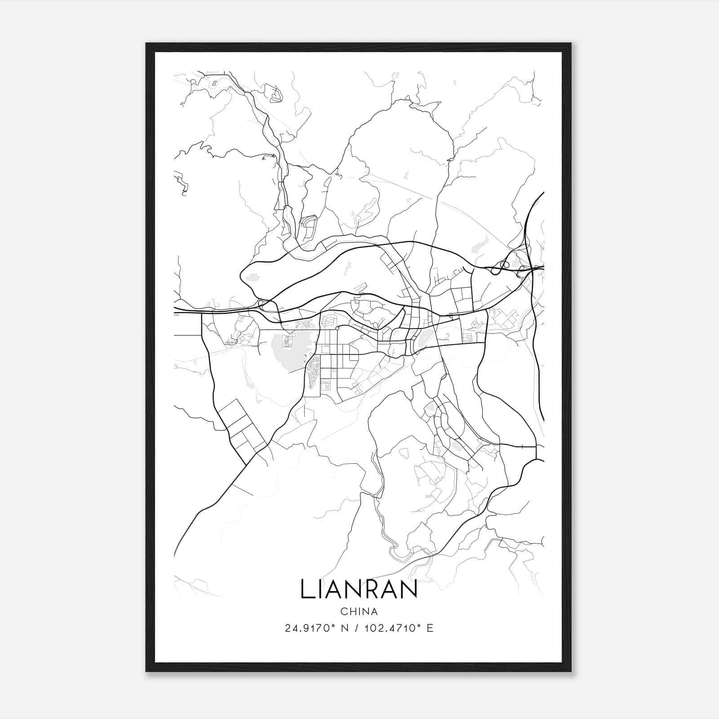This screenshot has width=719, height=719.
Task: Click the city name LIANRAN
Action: pos(359,589)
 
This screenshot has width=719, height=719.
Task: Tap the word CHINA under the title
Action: pos(359,612)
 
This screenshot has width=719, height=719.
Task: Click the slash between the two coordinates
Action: pos(356,628)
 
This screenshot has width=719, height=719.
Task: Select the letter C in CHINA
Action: pos(344,612)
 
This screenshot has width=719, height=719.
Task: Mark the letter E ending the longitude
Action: pos(430,628)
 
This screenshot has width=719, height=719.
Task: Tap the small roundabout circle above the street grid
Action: pos(337,328)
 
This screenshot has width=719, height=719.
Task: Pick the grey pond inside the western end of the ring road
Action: pos(252,278)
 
